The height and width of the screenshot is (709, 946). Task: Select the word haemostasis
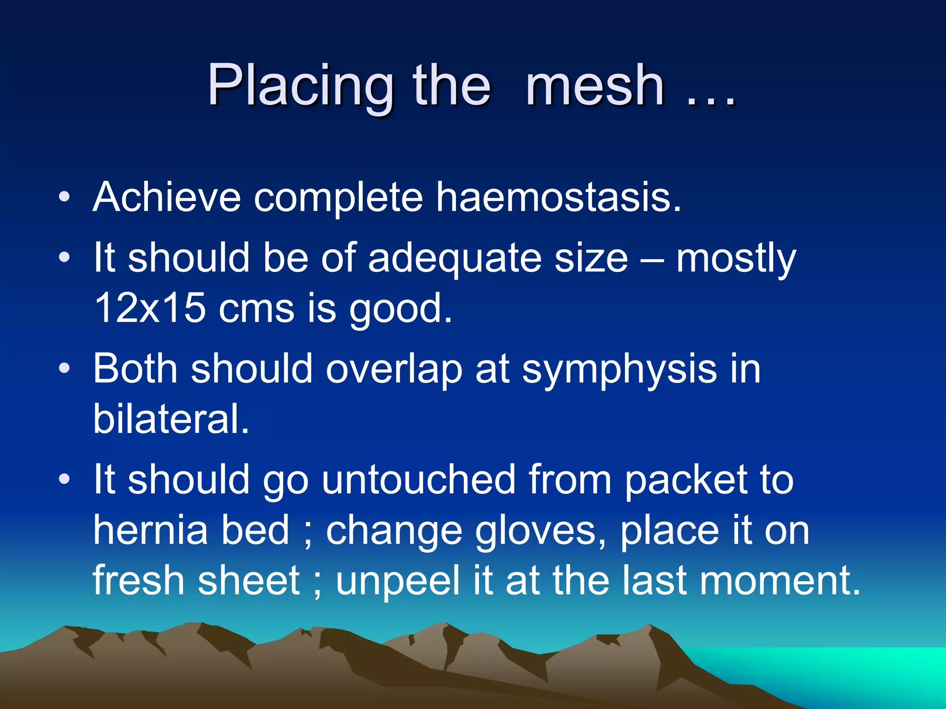pyautogui.click(x=559, y=197)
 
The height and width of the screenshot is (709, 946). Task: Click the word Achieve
pyautogui.click(x=167, y=197)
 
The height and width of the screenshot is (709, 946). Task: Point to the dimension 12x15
pyautogui.click(x=150, y=308)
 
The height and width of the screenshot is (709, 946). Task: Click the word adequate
pyautogui.click(x=455, y=258)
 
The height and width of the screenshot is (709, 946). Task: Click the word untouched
pyautogui.click(x=418, y=480)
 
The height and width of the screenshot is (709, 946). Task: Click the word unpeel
pyautogui.click(x=398, y=581)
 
